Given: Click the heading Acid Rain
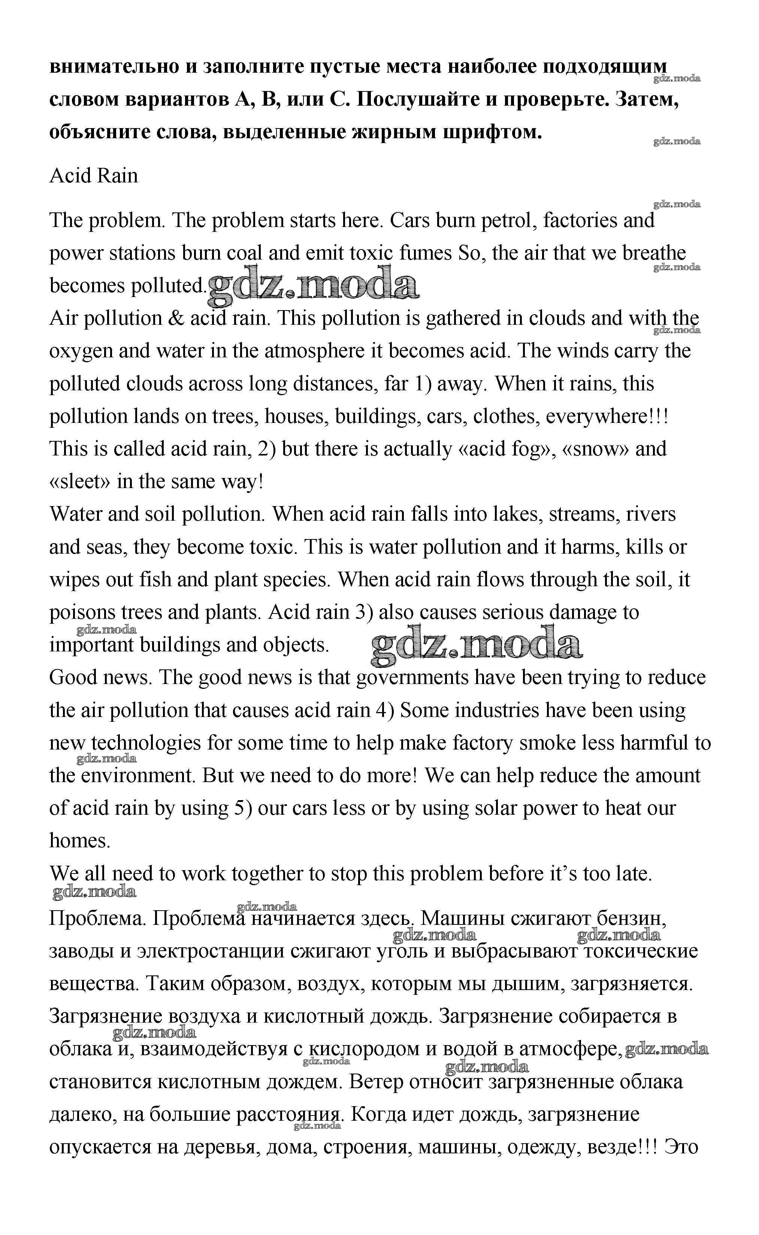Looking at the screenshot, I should click(x=93, y=176).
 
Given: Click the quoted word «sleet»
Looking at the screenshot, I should click(x=80, y=482).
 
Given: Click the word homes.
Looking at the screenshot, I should click(x=79, y=841).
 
